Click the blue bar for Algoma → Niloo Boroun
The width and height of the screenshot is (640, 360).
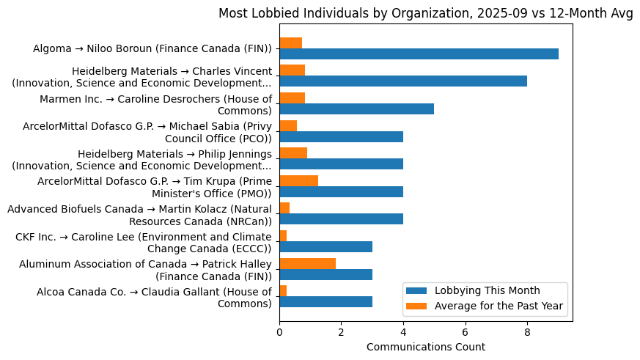coord(419,54)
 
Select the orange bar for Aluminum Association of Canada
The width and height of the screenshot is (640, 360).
coord(307,263)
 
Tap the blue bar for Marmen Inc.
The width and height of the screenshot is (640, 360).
coord(356,109)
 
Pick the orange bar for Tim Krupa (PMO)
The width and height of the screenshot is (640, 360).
coord(298,180)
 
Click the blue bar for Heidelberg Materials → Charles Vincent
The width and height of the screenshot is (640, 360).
coord(403,81)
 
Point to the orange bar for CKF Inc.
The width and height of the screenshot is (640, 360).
coord(283,235)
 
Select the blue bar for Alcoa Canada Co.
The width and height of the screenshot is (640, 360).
coord(325,301)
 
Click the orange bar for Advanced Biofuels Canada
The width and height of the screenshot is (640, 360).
coord(284,208)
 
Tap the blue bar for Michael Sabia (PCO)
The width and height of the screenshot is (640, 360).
coord(341,136)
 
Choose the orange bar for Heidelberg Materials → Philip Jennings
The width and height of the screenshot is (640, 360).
coord(293,153)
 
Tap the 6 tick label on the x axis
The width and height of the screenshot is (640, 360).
coord(465,331)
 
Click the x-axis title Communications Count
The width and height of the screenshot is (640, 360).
coord(425,346)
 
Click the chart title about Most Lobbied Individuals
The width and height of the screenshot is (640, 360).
coord(425,14)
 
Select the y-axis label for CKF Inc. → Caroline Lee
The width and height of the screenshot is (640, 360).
coord(144,242)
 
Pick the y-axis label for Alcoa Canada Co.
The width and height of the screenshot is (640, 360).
coord(154,298)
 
